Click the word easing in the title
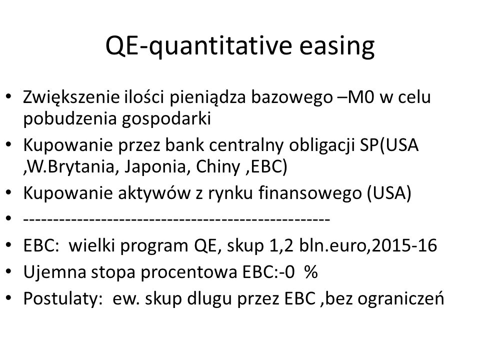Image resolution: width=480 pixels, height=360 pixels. coord(336,46)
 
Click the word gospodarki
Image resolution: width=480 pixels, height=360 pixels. coord(166,119)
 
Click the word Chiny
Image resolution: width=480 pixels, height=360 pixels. coord(218,167)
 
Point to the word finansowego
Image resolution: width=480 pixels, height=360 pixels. coord(310,193)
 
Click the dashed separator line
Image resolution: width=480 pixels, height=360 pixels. coord(176,219)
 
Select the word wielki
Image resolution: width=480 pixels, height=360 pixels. coord(91,246)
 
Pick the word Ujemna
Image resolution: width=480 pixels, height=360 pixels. coord(55,272)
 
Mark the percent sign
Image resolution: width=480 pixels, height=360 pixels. coord(311,272)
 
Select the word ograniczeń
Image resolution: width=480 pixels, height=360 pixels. coord(400,298)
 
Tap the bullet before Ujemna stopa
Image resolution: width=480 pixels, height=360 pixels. coord(8,271)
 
